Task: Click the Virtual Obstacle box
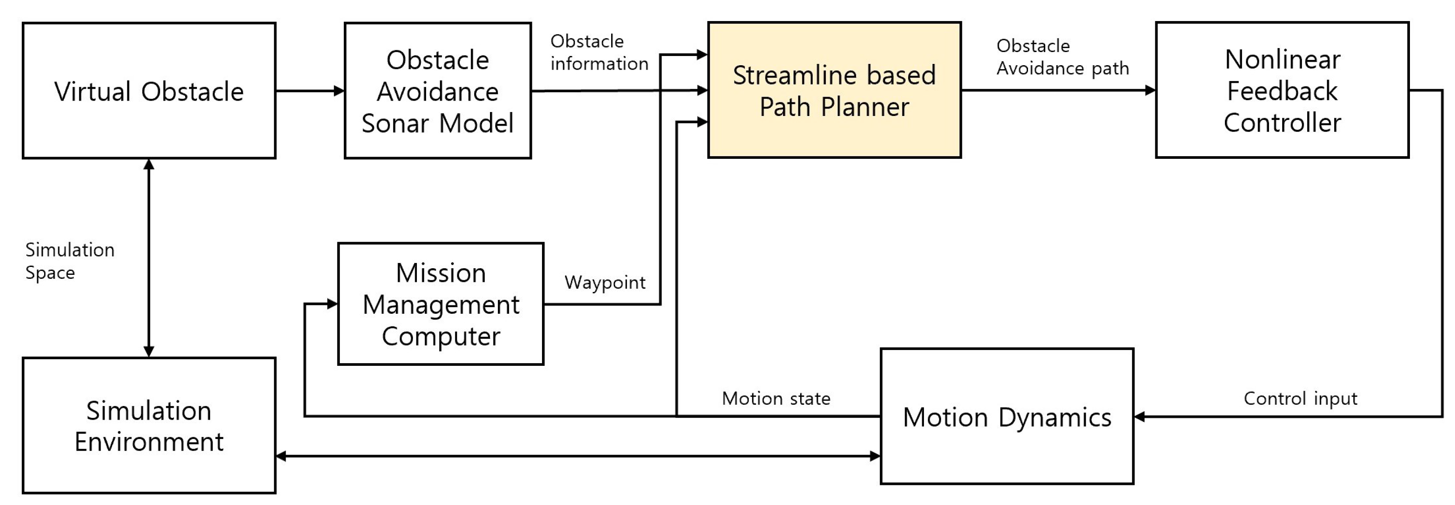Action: point(149,91)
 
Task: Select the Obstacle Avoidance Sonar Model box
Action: point(438,91)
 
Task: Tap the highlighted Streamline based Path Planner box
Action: point(834,91)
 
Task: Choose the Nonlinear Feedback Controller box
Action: point(1282,91)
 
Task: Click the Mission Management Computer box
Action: point(441,304)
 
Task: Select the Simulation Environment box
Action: point(149,425)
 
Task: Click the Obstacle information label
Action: point(599,52)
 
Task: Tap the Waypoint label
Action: point(605,282)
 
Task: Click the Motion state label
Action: point(776,398)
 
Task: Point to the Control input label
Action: point(1300,398)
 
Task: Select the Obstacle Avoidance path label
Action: point(1062,56)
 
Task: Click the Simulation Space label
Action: point(69,261)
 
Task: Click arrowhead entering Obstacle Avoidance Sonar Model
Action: point(339,91)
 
